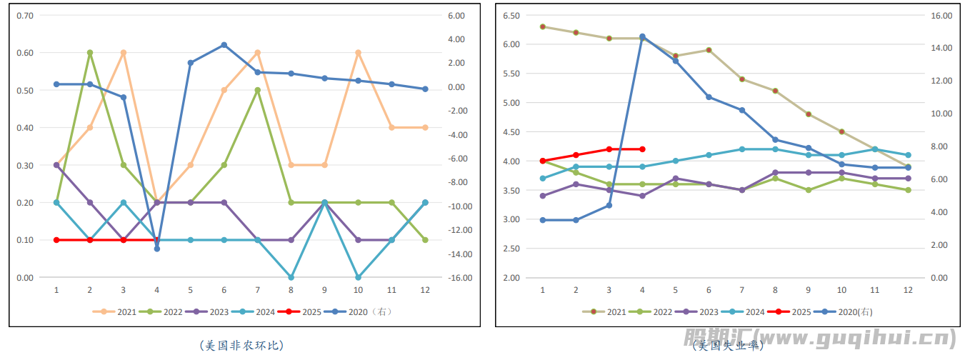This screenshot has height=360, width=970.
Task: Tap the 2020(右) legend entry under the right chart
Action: [847, 311]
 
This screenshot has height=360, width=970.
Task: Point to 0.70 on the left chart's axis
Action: [24, 16]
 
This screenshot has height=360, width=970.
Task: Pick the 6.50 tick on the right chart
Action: [511, 15]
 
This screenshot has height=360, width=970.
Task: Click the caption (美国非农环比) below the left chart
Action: [242, 345]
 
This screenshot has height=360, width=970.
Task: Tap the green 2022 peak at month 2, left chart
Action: [90, 53]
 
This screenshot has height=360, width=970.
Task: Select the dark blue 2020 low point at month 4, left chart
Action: [157, 249]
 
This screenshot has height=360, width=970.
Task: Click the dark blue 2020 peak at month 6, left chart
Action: [224, 45]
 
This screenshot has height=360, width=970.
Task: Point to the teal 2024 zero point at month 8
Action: [291, 277]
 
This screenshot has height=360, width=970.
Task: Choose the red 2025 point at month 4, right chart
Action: [642, 149]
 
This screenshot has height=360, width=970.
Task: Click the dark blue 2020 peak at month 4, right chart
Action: [642, 36]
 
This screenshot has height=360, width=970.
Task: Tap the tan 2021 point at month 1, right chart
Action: [543, 26]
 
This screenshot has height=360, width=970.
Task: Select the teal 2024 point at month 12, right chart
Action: [909, 155]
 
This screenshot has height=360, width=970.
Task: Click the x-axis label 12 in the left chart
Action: [425, 290]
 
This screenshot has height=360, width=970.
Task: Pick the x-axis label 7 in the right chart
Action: [742, 290]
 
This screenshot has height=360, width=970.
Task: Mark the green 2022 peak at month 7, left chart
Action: [258, 90]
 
